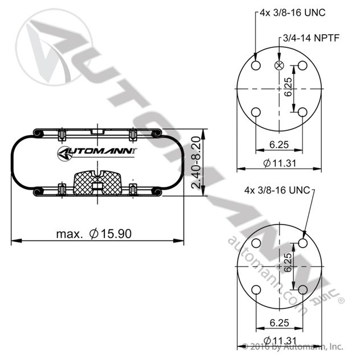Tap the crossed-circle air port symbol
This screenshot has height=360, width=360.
pyautogui.click(x=279, y=66)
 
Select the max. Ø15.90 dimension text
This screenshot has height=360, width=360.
pyautogui.click(x=94, y=234)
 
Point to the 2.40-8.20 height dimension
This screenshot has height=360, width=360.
pyautogui.click(x=196, y=162)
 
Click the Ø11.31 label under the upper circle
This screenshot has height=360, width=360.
pyautogui.click(x=280, y=163)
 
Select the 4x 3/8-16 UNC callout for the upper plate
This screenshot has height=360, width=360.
pyautogui.click(x=293, y=13)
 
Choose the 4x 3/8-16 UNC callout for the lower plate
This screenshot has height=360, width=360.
pyautogui.click(x=277, y=190)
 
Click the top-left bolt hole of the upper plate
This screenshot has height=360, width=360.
pyautogui.click(x=256, y=66)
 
